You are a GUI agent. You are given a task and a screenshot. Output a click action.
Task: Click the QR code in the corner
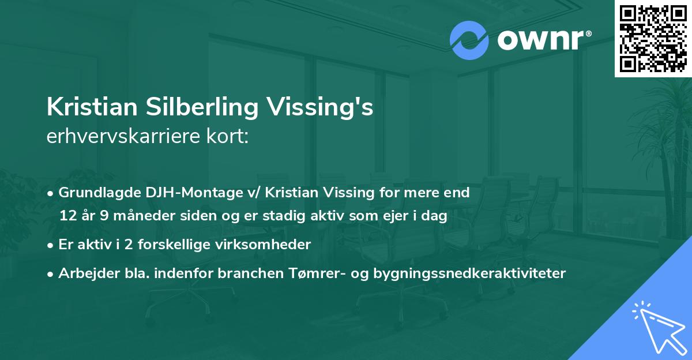(653, 38)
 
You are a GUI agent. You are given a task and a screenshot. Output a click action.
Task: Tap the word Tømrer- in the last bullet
(316, 273)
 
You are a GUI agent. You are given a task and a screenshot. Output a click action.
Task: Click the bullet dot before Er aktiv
(51, 245)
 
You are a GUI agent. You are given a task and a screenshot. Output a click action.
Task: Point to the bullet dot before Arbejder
(51, 273)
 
